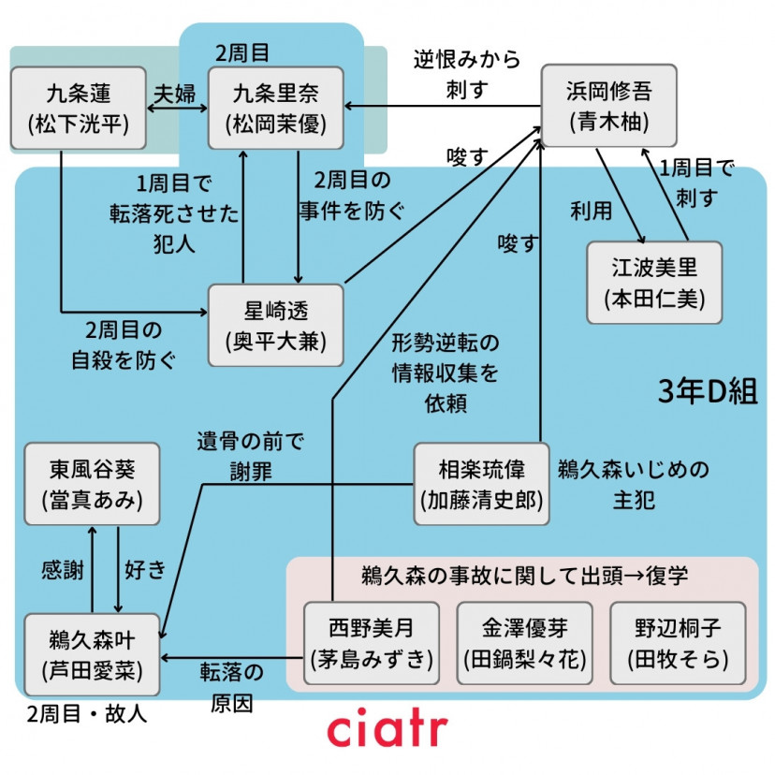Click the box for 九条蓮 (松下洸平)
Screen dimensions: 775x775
[79, 108]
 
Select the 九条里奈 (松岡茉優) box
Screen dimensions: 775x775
[276, 108]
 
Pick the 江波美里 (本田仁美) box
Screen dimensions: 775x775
[654, 282]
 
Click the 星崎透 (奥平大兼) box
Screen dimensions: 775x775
[276, 324]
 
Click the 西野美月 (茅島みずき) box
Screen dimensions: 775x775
[372, 643]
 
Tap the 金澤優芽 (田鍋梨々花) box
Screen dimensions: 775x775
[524, 643]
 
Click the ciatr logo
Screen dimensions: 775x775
[387, 729]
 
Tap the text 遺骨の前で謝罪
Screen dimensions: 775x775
[251, 456]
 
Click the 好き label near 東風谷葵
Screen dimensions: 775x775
[145, 568]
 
